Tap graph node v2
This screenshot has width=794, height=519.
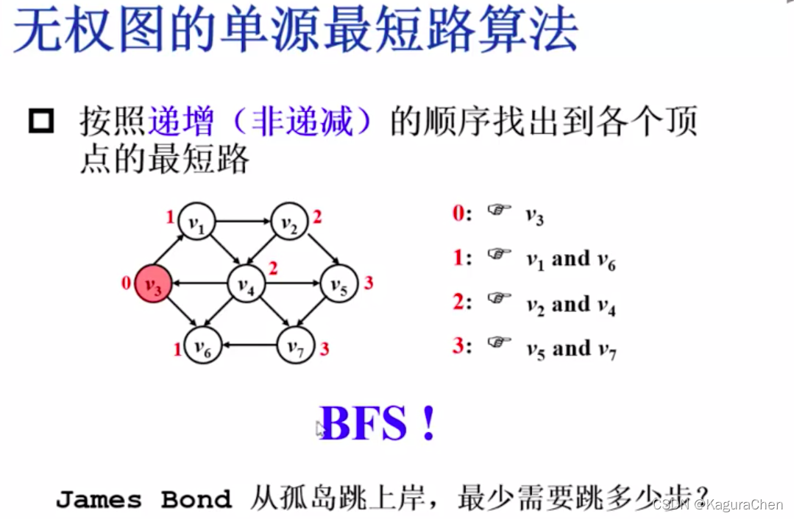click(x=290, y=221)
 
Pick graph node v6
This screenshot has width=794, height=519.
click(x=202, y=346)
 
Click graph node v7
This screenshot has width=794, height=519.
click(x=295, y=346)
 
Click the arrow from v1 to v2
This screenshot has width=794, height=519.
click(x=243, y=220)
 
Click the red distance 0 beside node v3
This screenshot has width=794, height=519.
click(x=127, y=283)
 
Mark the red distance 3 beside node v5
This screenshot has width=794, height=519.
click(x=369, y=283)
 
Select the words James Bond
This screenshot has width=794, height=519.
click(x=143, y=500)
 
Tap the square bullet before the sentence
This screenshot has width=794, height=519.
click(x=41, y=121)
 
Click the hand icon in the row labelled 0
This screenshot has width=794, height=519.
click(x=499, y=211)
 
